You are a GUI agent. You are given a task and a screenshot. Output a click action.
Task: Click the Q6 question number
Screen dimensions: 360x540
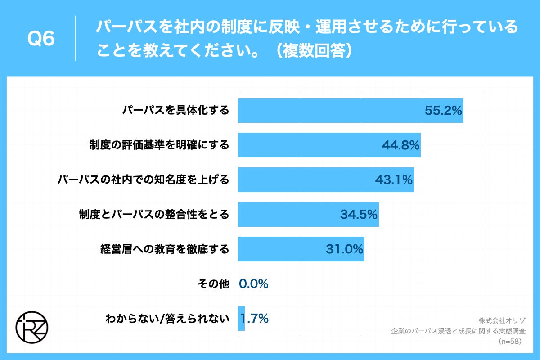(41, 39)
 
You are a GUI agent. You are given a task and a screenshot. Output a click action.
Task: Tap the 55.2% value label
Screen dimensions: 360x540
(443, 111)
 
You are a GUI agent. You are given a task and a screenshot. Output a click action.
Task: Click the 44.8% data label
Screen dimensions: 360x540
(400, 145)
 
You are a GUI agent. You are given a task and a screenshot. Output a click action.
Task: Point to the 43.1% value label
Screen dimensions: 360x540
(394, 180)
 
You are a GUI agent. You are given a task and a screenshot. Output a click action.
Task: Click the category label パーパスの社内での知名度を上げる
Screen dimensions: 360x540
(144, 180)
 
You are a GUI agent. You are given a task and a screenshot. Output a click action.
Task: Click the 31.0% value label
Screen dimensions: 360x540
(344, 249)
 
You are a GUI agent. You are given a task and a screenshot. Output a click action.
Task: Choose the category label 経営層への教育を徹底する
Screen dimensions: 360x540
(165, 249)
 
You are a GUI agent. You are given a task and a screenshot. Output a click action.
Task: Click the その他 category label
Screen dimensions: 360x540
(213, 284)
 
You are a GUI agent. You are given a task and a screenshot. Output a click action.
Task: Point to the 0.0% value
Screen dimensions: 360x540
(254, 284)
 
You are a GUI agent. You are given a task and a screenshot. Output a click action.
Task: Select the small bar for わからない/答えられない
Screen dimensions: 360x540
(241, 319)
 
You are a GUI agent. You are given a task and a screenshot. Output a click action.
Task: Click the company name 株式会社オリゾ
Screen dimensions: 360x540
(499, 321)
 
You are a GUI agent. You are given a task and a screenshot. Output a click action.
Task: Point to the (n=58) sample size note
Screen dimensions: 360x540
(509, 342)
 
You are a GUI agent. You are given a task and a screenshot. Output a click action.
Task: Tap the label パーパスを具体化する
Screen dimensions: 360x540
(175, 111)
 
